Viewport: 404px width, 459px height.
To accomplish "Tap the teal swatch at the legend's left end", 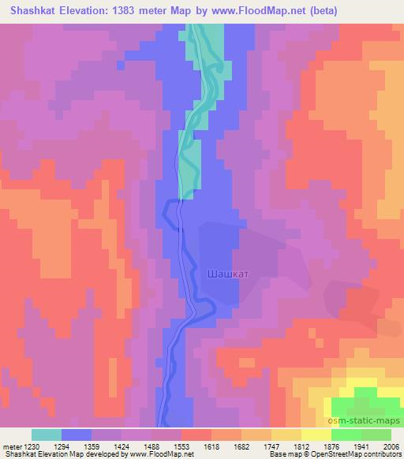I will [x=47, y=435].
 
